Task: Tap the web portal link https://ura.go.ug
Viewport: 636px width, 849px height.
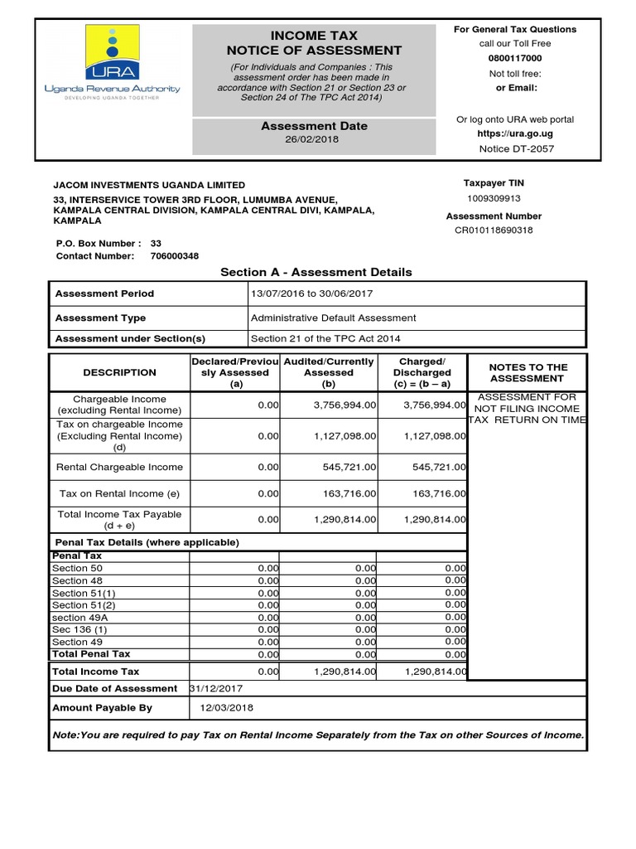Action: pyautogui.click(x=514, y=133)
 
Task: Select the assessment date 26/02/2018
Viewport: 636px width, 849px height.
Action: pyautogui.click(x=314, y=139)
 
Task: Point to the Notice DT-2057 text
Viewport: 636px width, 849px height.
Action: pyautogui.click(x=516, y=149)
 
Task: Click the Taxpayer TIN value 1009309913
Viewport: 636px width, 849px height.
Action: pyautogui.click(x=494, y=199)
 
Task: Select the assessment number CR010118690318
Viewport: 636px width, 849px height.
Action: pyautogui.click(x=494, y=230)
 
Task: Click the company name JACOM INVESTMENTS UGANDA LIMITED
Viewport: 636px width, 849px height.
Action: pyautogui.click(x=149, y=185)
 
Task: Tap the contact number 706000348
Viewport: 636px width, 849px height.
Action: pyautogui.click(x=174, y=256)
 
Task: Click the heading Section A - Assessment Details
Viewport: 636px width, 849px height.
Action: pyautogui.click(x=316, y=272)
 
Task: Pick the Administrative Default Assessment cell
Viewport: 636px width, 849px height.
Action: pyautogui.click(x=333, y=318)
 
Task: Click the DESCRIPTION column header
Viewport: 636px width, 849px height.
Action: pyautogui.click(x=119, y=373)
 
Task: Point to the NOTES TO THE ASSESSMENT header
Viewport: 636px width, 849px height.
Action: pyautogui.click(x=528, y=373)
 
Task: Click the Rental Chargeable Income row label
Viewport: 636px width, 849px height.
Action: pyautogui.click(x=119, y=467)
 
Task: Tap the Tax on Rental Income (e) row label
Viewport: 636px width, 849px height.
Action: pyautogui.click(x=119, y=493)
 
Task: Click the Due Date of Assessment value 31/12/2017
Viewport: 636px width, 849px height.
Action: pyautogui.click(x=216, y=688)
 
